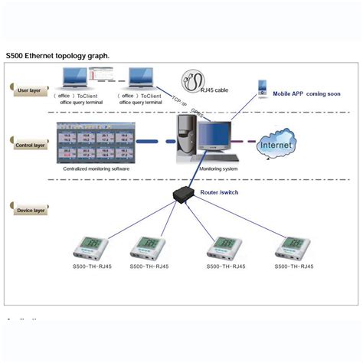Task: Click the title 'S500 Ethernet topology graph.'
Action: click(x=57, y=56)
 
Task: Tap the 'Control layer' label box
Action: click(x=28, y=143)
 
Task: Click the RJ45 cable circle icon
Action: click(x=195, y=80)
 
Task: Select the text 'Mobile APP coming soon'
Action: click(x=306, y=93)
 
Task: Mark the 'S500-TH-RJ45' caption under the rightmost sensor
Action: click(x=293, y=267)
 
